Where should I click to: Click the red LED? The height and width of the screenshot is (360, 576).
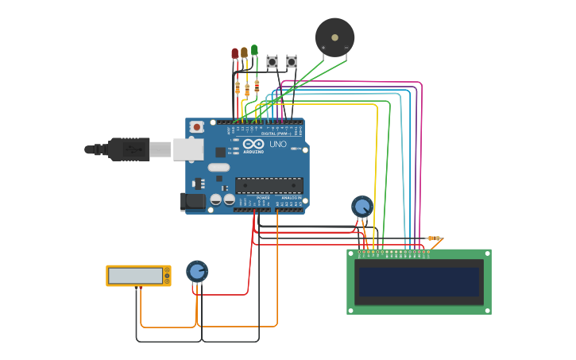point(234,53)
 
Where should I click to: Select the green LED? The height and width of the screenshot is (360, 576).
point(254,49)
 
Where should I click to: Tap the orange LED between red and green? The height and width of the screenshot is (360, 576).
point(244,52)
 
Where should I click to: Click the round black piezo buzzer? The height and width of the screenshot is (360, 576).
point(334,37)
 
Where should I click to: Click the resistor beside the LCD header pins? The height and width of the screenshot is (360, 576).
point(433,238)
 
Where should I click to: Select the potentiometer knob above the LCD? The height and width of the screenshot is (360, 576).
point(361,207)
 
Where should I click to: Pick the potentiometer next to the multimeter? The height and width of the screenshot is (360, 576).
point(196,271)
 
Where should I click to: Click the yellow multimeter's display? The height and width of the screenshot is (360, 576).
point(135,276)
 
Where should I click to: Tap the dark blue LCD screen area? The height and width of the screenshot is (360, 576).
point(419,282)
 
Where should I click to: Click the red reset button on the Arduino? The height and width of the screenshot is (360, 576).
point(196,126)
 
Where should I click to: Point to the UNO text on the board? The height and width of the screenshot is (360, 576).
point(278,144)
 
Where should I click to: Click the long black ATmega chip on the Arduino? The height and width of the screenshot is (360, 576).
point(269,186)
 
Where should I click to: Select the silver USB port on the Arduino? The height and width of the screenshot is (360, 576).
point(187,149)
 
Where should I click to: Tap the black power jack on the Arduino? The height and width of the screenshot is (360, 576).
point(192,201)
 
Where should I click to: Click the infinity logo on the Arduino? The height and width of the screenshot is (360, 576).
point(253,144)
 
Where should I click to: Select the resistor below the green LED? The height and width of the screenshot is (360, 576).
point(257,84)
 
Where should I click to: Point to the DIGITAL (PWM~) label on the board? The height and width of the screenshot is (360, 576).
point(276,133)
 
